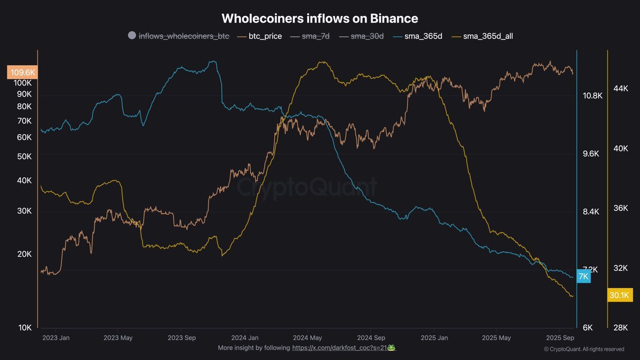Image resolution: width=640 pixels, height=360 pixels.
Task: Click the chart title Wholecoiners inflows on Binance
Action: point(319,18)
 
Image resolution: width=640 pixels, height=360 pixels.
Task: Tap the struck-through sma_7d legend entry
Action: point(311,36)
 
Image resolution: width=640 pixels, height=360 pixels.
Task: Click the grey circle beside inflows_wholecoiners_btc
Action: point(132,36)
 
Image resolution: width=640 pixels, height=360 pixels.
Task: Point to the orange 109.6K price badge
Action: point(21,72)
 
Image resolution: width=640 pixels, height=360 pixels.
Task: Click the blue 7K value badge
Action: point(583,276)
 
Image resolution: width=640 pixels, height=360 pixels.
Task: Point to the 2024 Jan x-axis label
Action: point(245,338)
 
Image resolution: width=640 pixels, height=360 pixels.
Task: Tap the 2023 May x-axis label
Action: point(118,338)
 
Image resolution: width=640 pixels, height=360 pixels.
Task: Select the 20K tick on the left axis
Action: point(25,254)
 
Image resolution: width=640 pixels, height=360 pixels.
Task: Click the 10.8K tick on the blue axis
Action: point(593,96)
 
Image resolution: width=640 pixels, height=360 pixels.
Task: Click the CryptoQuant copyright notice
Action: point(583,349)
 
